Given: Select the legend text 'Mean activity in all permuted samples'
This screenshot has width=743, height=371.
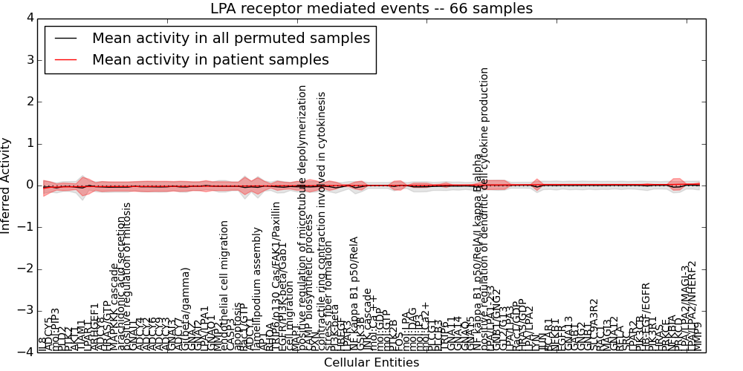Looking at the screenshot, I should click(x=230, y=38).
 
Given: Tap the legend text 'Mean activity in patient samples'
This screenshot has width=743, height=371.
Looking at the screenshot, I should click(x=210, y=59).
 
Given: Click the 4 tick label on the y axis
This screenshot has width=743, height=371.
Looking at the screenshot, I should click(x=29, y=18).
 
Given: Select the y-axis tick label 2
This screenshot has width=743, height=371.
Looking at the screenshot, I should click(x=29, y=102).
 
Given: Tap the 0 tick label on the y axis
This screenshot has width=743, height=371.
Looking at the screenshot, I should click(x=29, y=185).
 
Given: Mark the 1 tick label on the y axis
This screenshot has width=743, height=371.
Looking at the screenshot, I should click(x=29, y=143).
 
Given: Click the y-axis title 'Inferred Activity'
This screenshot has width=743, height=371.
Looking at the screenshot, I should click(x=7, y=185).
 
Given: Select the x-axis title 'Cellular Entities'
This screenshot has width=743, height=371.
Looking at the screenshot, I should click(x=371, y=362).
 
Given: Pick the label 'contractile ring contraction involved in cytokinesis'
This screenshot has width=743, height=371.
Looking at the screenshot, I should click(x=322, y=223).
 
